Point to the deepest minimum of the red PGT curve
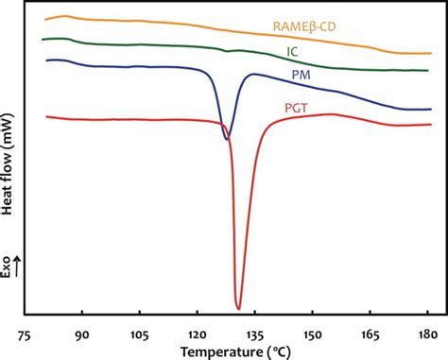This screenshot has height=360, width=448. point(238,308)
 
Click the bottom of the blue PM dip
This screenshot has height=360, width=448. point(226,140)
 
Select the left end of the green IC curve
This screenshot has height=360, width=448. point(43,40)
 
